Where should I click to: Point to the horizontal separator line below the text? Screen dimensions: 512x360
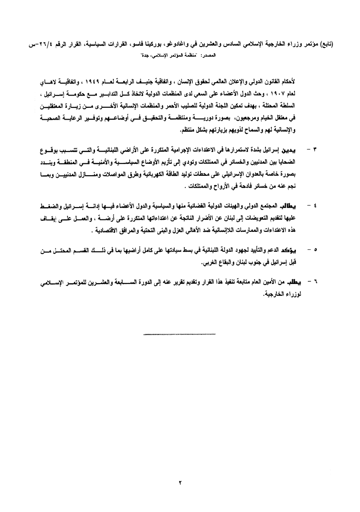click(180, 335)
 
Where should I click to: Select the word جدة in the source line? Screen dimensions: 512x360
click(148, 56)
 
